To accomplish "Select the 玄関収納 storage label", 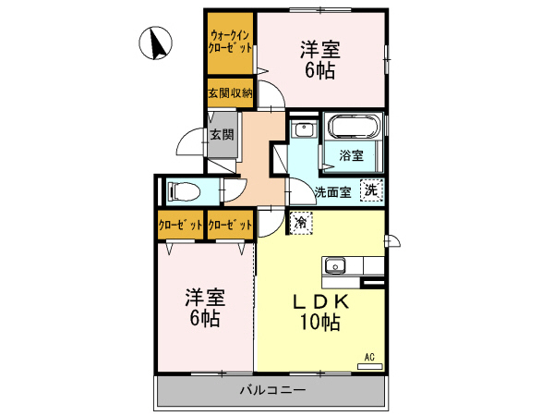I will (x=230, y=93).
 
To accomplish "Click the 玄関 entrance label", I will (x=222, y=134).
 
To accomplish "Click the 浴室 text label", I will (x=351, y=156).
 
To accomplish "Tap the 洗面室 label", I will (x=332, y=193).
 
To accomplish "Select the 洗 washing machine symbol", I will (x=370, y=190).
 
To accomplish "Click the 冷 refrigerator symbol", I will (x=301, y=222).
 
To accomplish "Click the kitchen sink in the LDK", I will (x=334, y=266).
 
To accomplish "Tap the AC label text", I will (x=369, y=357).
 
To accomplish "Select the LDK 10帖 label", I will (x=319, y=312).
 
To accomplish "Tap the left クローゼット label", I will (x=179, y=225).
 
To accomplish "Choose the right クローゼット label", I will (x=230, y=225).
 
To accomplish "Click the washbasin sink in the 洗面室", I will (x=303, y=130).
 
